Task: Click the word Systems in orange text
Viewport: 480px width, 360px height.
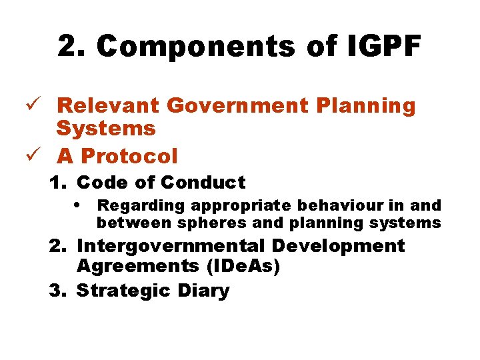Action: (106, 128)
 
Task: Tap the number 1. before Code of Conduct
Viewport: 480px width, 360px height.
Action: (59, 182)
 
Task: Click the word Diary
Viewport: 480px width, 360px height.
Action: (203, 291)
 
